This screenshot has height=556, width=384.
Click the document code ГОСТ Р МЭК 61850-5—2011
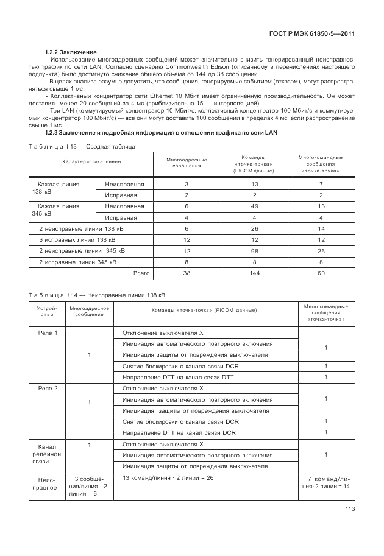pos(311,34)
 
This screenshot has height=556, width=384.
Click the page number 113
pos(349,509)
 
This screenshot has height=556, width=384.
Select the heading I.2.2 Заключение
pos(71,52)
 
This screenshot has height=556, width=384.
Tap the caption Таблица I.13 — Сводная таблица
pos(82,147)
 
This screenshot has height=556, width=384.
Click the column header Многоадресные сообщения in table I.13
pos(183,163)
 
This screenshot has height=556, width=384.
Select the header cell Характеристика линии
pos(91,162)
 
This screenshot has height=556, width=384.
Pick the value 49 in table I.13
pos(254,206)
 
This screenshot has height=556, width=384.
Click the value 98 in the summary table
pos(254,251)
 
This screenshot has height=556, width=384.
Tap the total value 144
pos(254,273)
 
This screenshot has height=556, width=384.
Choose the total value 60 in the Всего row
pos(321,273)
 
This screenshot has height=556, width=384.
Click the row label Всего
pos(141,273)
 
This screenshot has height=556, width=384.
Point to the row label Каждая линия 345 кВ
pos(59,210)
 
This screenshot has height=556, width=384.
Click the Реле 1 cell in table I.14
pos(48,333)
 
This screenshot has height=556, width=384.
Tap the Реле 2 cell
pos(48,388)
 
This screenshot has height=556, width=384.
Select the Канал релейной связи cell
pos(48,454)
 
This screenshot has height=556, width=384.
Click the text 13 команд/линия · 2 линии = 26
pos(168,478)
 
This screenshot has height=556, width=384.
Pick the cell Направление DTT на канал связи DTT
pos(178,377)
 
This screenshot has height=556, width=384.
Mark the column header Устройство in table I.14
pos(46,311)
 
